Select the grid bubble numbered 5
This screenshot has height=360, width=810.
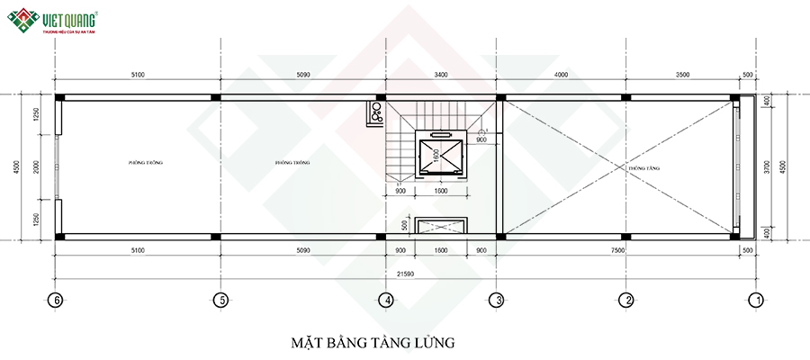coord(218,300)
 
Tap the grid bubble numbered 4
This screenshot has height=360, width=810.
coord(385,300)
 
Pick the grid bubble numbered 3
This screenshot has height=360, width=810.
coord(496,300)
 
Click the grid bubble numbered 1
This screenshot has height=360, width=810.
coord(757,300)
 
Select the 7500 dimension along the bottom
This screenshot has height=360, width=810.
coord(625,251)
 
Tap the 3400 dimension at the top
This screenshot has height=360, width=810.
coord(441,75)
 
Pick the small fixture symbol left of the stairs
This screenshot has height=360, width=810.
coord(374,112)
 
